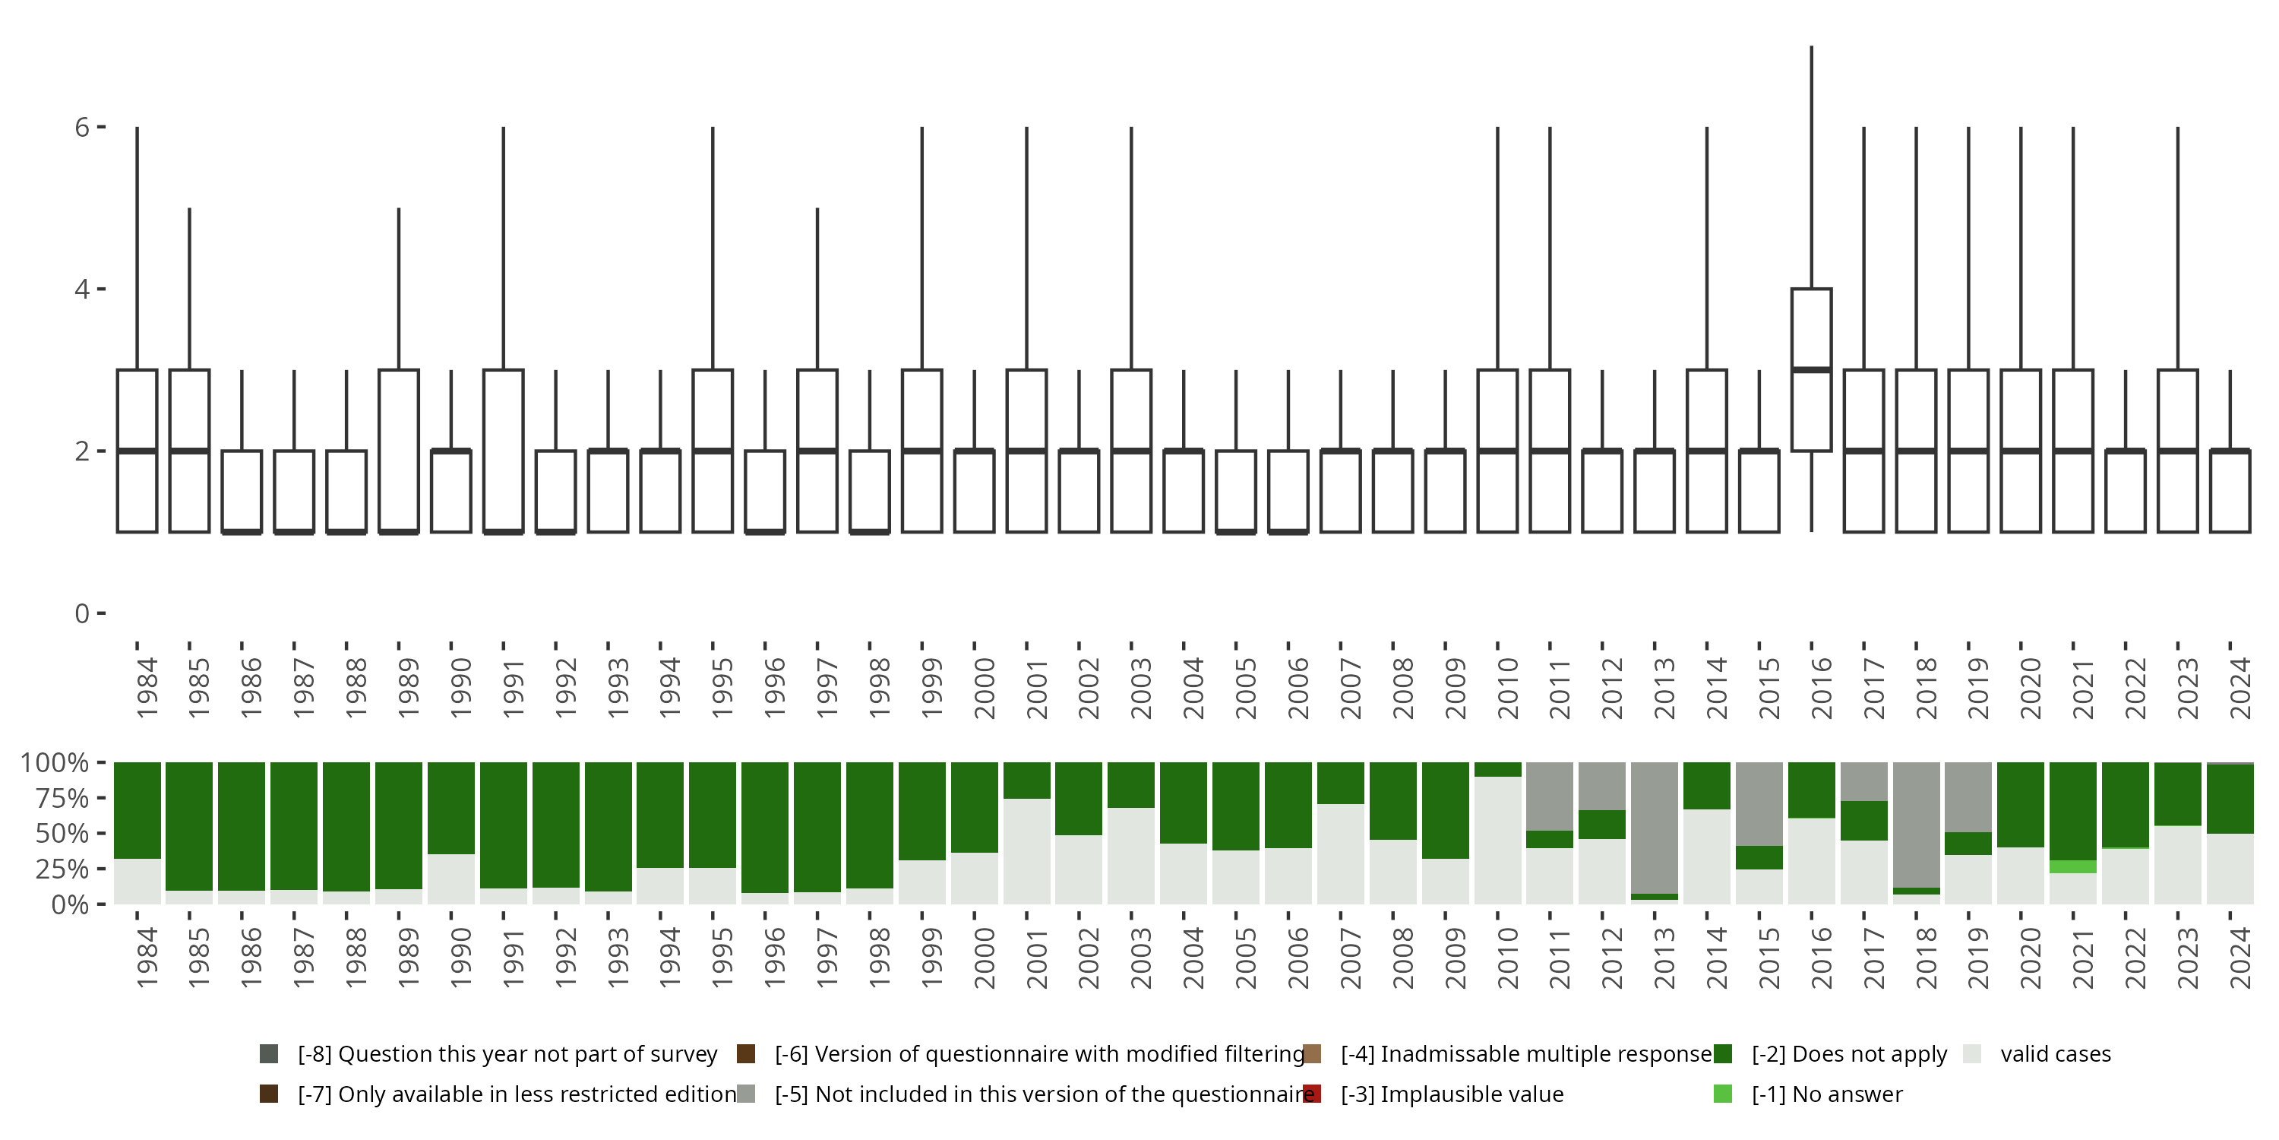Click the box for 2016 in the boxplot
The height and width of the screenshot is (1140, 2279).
pos(1811,370)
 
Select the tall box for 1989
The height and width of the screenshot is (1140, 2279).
pos(398,451)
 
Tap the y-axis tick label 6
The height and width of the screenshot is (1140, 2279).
pos(82,128)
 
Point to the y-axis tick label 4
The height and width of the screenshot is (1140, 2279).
pos(82,290)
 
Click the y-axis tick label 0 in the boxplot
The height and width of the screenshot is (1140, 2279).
pos(82,613)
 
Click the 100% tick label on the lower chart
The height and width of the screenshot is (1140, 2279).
pos(55,762)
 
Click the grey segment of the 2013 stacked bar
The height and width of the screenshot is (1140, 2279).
pos(1655,828)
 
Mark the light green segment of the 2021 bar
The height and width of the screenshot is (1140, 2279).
pos(2073,866)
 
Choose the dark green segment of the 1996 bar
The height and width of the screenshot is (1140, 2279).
pos(764,827)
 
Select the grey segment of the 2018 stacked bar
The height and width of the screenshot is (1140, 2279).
pos(1917,824)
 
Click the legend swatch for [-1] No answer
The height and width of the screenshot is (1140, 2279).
pos(1722,1094)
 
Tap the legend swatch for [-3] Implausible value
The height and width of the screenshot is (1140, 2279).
pos(1312,1094)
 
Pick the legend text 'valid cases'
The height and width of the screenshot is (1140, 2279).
pos(2055,1054)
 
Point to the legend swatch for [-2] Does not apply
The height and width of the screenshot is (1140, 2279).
pos(1722,1053)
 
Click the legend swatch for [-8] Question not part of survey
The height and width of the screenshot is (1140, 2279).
pos(269,1053)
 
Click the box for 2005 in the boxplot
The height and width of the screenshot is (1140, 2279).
pos(1236,491)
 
